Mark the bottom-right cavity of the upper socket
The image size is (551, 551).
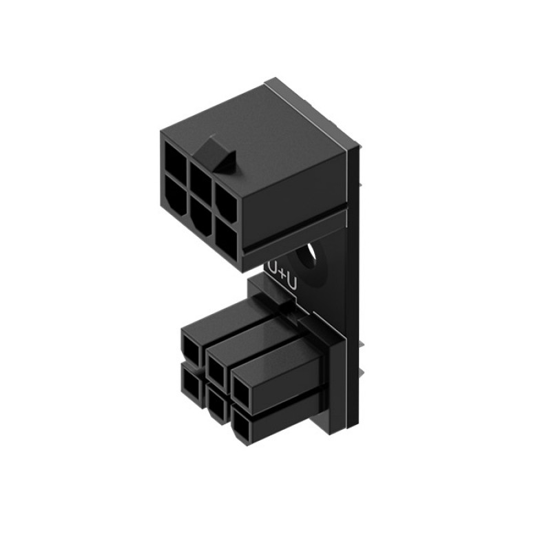225,238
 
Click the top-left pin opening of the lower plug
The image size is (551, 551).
192,344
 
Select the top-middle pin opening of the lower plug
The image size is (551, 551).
216,365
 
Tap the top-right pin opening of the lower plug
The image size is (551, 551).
242,390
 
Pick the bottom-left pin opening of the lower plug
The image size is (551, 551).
192,381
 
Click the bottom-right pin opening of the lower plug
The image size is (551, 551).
241,427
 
